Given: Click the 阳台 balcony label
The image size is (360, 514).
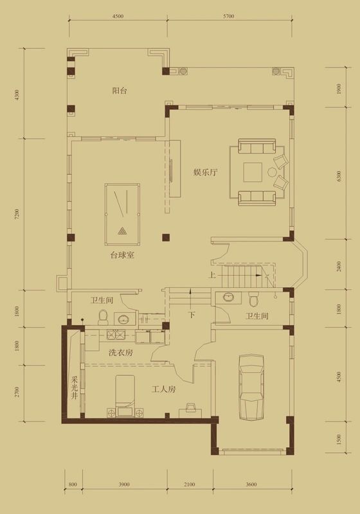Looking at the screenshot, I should pos(119,91).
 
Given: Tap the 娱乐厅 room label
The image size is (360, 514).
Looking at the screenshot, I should pos(206,172).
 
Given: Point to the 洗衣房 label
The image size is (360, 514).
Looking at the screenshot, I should pos(120,352).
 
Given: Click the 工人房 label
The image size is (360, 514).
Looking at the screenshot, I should pos(164,389).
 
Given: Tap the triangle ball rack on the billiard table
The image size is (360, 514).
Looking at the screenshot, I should pos(122,231).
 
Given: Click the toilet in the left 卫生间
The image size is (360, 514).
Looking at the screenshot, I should pos(103,317).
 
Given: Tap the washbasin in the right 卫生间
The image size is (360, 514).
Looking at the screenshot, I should pos(228,297).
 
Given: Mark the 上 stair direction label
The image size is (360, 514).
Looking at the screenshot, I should pos(212,276).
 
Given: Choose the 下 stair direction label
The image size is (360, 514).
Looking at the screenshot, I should pos(191,315).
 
